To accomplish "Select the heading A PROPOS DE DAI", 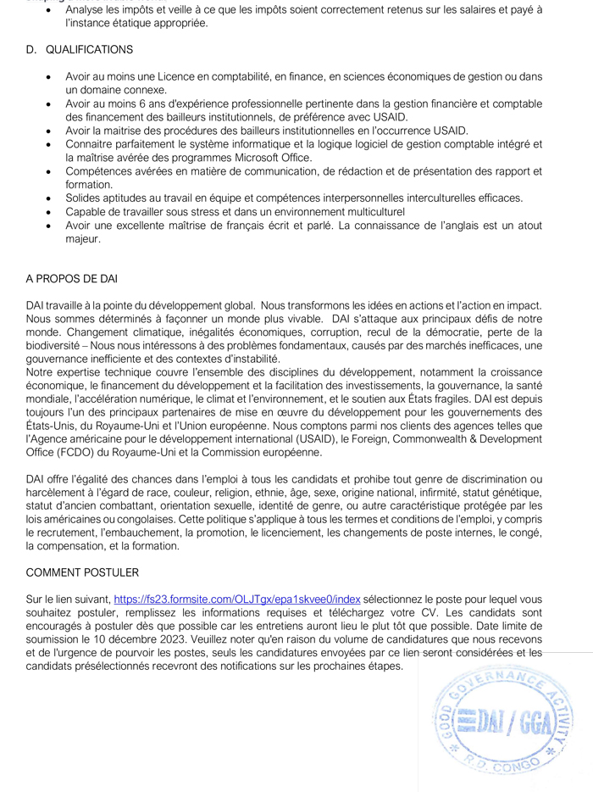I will [71, 278].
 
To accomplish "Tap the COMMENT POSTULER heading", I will [83, 572].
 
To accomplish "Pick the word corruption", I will [402, 332].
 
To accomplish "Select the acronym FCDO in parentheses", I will [87, 453].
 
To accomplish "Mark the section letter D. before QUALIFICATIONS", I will [31, 50].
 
